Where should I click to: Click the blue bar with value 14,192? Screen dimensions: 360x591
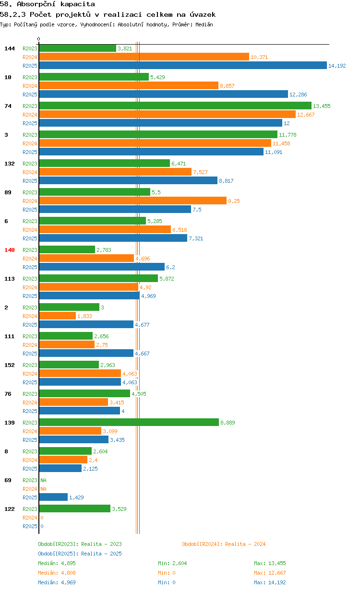(x=183, y=65)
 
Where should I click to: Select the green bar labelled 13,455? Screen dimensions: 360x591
(x=175, y=106)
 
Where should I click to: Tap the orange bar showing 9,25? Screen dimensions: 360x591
(x=133, y=201)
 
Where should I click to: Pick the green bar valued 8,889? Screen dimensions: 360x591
(x=129, y=423)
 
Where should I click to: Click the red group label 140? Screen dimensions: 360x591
(x=10, y=250)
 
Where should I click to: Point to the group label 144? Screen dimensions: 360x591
(x=10, y=48)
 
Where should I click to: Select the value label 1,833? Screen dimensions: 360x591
(x=84, y=316)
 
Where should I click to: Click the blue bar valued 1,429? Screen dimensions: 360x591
(x=53, y=497)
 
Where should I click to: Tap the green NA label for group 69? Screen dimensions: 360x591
(x=43, y=480)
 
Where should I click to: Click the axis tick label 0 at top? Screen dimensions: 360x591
(x=38, y=39)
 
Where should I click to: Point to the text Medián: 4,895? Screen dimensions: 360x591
(x=57, y=563)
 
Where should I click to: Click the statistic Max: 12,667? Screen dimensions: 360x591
(x=270, y=573)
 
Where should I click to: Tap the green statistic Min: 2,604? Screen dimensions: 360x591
(x=172, y=563)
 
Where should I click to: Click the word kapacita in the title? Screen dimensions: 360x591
(x=78, y=4)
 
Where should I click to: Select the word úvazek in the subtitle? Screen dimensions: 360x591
(x=203, y=14)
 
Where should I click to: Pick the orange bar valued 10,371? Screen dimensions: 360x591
(x=144, y=57)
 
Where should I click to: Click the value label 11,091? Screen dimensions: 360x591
(x=274, y=152)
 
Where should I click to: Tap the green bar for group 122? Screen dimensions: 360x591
(x=75, y=508)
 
